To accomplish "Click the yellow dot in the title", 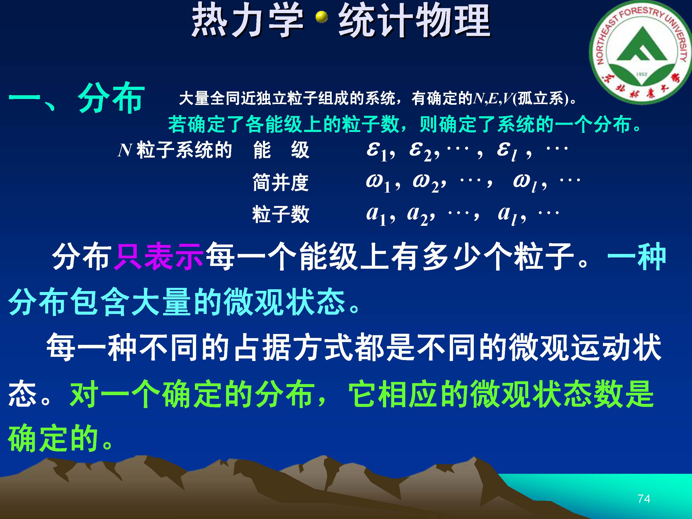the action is pos(321,17).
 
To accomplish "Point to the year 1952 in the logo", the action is pos(641,74).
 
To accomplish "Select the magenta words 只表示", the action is pos(159,256).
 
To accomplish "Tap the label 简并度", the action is pos(281,183).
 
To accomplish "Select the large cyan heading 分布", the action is pos(111,98).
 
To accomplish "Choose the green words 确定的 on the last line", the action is pos(53,438).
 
